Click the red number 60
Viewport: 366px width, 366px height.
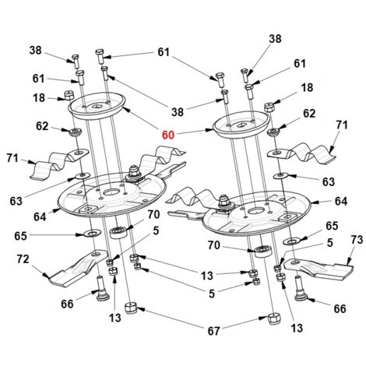click(x=168, y=135)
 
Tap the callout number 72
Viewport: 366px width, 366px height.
click(x=23, y=259)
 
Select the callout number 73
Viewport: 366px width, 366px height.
click(x=357, y=240)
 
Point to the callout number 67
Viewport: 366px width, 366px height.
click(x=213, y=331)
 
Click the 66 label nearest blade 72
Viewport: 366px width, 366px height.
click(x=67, y=304)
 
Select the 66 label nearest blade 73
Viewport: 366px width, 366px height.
click(x=340, y=309)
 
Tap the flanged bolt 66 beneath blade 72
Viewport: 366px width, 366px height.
click(x=101, y=289)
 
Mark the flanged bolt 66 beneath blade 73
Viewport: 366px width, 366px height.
click(x=300, y=289)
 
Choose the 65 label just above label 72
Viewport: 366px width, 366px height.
click(x=20, y=236)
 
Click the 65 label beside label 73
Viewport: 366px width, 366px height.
click(x=332, y=226)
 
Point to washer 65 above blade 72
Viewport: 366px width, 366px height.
click(x=92, y=233)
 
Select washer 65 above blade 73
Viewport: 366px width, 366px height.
click(x=292, y=241)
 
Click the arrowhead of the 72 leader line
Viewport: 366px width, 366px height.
click(x=46, y=276)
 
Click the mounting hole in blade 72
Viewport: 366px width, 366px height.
click(x=97, y=254)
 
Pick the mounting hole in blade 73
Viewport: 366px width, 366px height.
click(x=294, y=262)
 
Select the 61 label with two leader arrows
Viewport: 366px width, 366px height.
click(x=164, y=52)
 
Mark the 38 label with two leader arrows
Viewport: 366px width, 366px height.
click(x=178, y=112)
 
